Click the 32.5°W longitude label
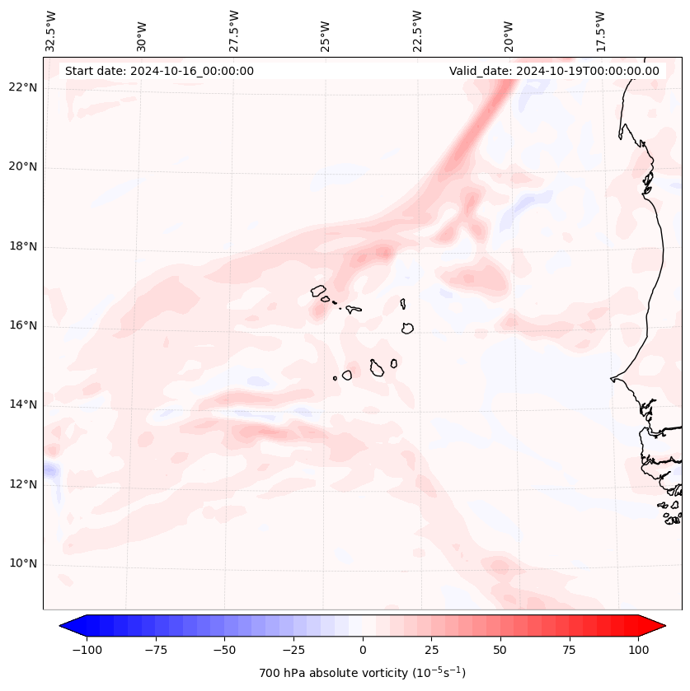point(51,31)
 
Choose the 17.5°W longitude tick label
point(600,31)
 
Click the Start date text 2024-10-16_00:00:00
point(159,71)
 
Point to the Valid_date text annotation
point(554,71)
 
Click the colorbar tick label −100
point(87,651)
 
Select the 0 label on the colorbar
point(363,651)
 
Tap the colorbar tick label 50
point(500,651)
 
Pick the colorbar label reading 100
point(637,651)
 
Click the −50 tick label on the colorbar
point(224,651)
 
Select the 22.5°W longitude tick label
point(417,31)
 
